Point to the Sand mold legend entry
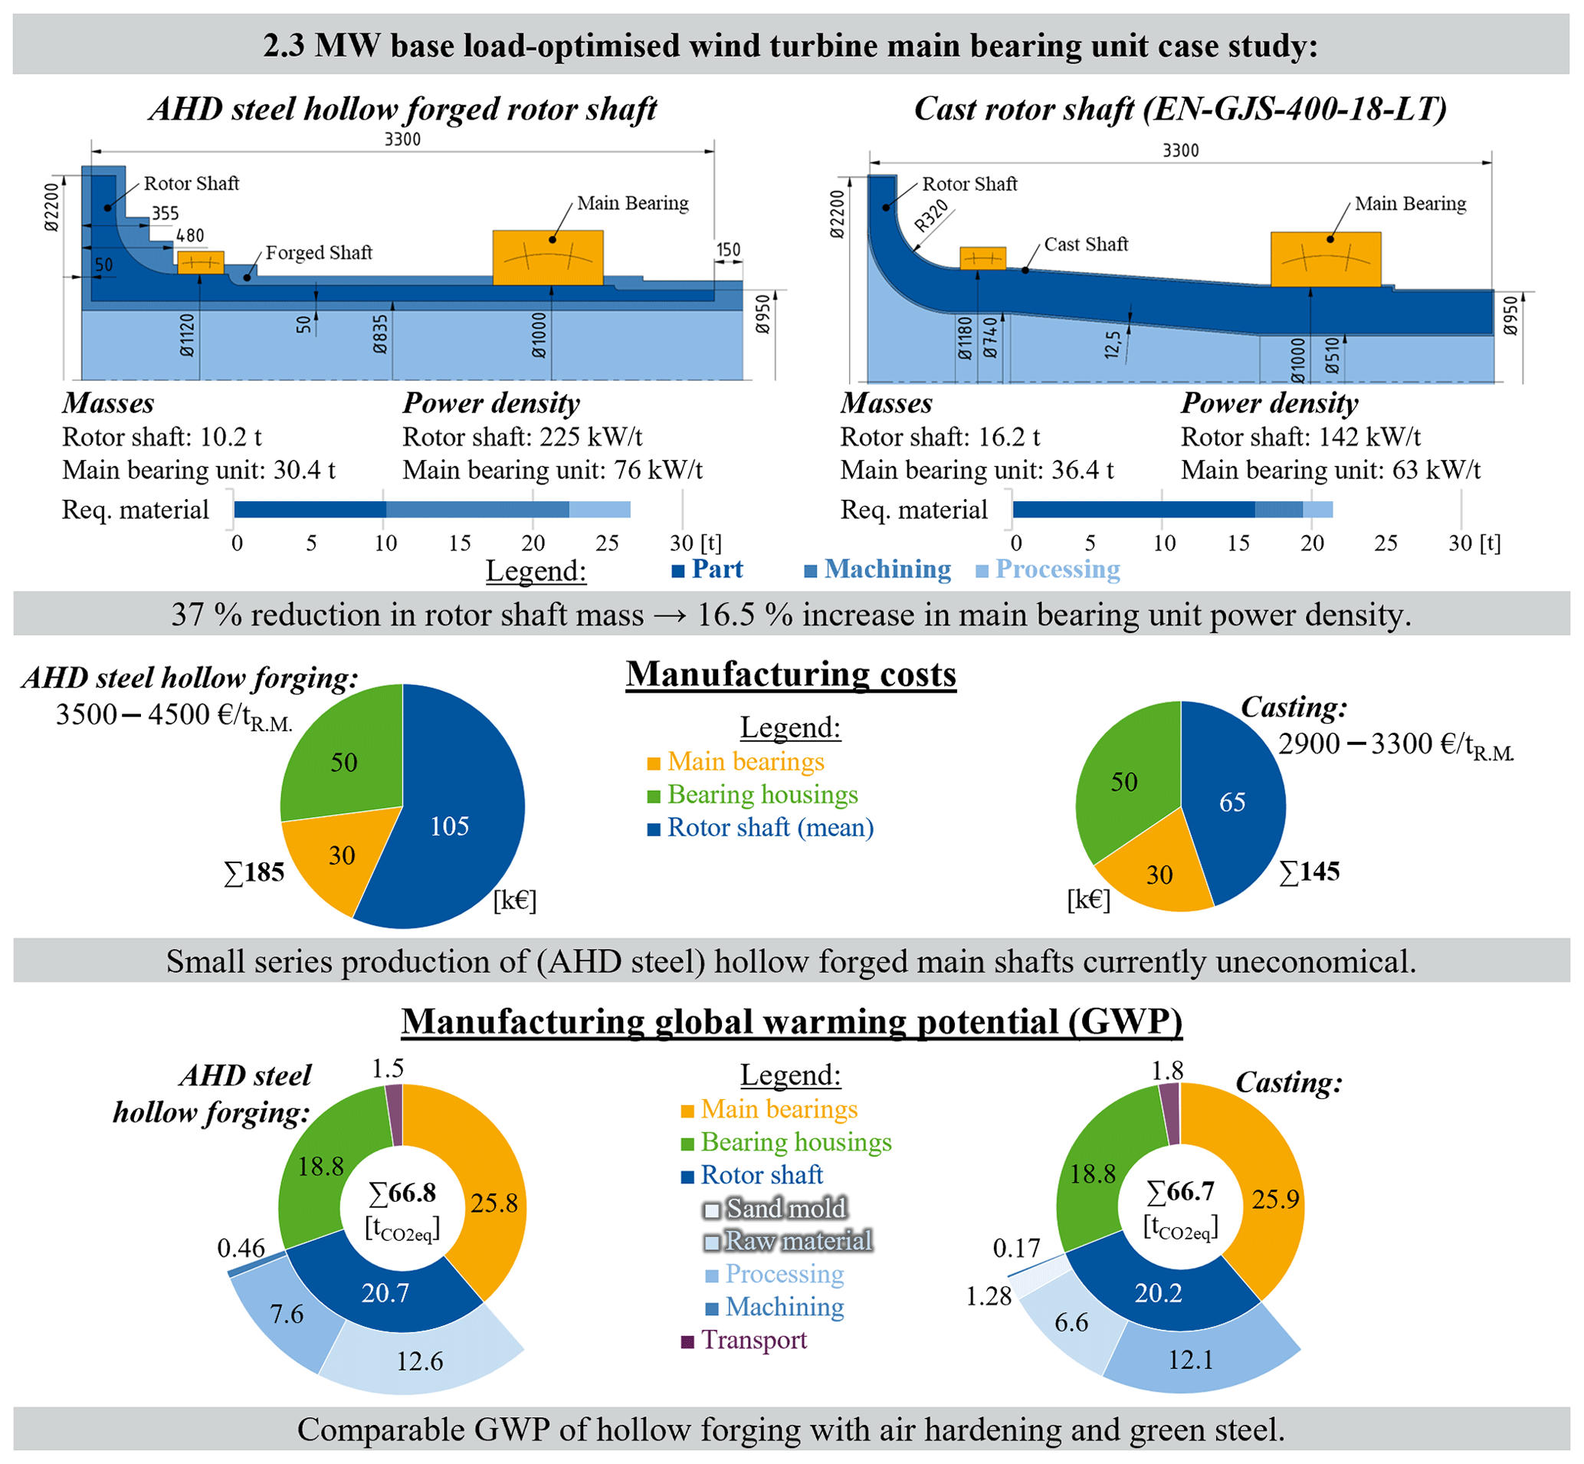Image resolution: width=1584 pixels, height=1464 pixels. point(776,1209)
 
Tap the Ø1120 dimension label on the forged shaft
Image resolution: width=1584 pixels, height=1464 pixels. point(188,335)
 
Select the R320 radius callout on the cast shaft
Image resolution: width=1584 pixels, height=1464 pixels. point(931,215)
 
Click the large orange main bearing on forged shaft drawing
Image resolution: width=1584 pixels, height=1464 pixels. point(547,257)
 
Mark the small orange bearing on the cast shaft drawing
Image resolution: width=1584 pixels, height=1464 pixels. point(982,258)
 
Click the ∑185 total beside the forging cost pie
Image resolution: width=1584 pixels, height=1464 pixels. point(254,872)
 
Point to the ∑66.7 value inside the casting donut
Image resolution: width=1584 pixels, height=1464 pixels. point(1180,1191)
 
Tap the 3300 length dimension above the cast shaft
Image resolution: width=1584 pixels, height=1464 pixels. point(1180,150)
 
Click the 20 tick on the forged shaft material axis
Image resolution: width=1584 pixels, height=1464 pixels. point(533,543)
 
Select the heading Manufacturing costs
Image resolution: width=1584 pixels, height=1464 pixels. point(790,675)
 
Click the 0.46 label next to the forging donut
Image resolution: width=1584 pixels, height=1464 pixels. point(241,1249)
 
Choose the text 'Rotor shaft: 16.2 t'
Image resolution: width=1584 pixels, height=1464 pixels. point(940,436)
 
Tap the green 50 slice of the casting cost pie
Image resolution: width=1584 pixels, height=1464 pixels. point(1124,782)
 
